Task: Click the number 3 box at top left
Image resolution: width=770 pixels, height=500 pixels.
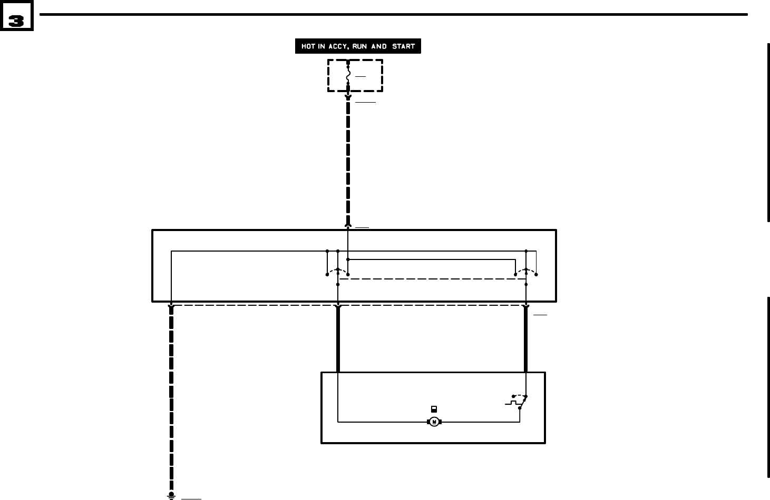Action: click(x=16, y=21)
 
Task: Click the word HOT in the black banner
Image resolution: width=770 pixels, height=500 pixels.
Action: click(x=308, y=46)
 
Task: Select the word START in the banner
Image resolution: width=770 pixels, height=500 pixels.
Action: click(x=403, y=46)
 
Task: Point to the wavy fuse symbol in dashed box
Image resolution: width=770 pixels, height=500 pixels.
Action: click(x=348, y=77)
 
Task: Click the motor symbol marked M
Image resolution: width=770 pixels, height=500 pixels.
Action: click(x=434, y=422)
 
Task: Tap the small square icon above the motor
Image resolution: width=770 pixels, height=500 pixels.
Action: click(x=434, y=409)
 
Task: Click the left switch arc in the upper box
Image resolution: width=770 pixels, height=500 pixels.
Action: click(x=337, y=271)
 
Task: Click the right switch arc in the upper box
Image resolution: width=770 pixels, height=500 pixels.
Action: click(x=526, y=271)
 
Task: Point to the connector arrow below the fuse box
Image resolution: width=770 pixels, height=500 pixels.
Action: click(x=348, y=97)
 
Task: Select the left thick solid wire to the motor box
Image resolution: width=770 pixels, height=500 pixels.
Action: click(x=338, y=339)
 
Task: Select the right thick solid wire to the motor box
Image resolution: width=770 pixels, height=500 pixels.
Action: click(x=526, y=339)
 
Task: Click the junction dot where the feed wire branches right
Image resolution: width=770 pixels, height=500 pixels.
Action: click(x=348, y=259)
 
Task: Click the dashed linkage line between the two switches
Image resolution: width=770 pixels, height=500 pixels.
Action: click(x=432, y=279)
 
